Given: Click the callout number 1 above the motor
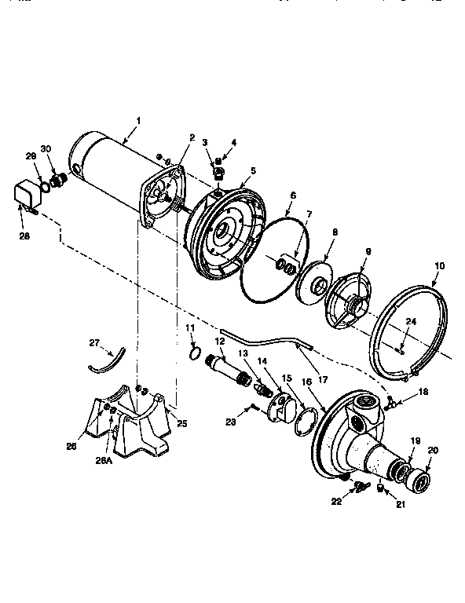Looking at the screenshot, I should [x=138, y=120].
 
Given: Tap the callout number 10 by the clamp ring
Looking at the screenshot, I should [x=438, y=267].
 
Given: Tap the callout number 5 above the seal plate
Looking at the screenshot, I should [x=253, y=170].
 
